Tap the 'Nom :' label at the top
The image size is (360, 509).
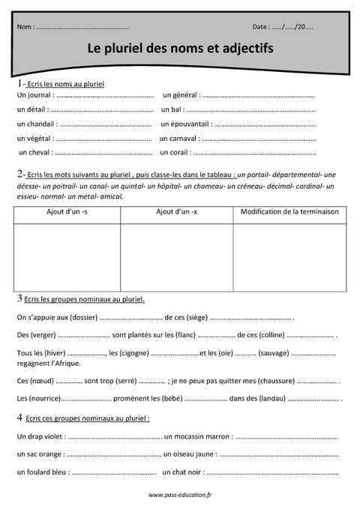point(25,26)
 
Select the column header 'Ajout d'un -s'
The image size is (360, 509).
point(67,212)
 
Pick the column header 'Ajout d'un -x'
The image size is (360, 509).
point(176,212)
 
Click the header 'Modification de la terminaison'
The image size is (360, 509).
point(289,212)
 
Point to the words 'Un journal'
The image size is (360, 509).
point(33,95)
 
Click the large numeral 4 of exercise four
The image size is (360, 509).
point(19,417)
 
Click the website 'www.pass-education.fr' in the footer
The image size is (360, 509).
point(180,495)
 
